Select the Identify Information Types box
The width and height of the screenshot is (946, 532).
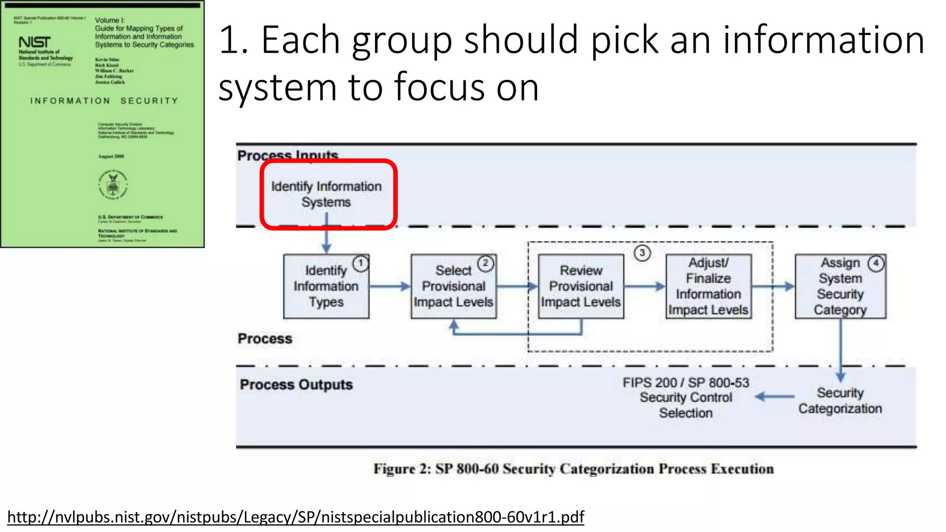(326, 286)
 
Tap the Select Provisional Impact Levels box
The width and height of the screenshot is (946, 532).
(454, 286)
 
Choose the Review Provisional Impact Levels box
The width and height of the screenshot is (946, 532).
(581, 286)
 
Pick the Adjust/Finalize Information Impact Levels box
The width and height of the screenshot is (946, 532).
(708, 286)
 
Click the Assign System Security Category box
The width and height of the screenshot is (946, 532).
(840, 286)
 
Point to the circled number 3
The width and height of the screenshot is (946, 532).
(642, 253)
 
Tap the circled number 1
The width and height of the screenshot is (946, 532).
(361, 263)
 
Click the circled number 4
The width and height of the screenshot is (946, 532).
(876, 263)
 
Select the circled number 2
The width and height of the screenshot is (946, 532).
(485, 263)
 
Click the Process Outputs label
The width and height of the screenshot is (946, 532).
(296, 385)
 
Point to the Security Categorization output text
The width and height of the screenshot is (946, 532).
(840, 401)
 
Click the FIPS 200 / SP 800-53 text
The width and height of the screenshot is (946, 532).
(685, 383)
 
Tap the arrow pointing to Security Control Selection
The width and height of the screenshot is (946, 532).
(775, 397)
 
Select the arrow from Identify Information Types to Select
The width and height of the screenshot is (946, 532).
(390, 286)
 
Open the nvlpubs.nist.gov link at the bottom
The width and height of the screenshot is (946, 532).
(296, 517)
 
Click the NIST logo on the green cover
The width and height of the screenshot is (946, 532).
(34, 42)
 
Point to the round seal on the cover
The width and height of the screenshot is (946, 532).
(113, 185)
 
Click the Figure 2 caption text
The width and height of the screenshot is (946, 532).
(573, 469)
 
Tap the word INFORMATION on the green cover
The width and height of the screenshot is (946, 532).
(70, 101)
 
